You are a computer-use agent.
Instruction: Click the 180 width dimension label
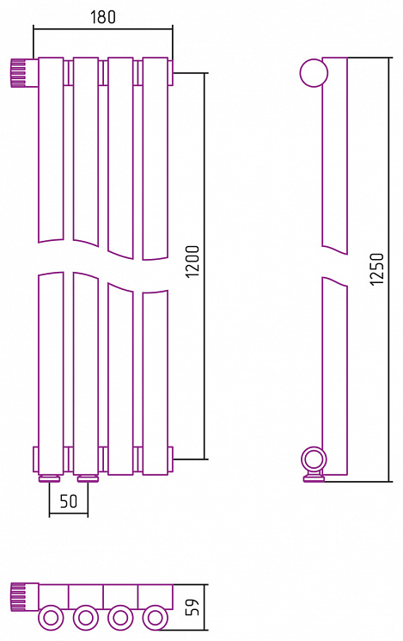pos(103,16)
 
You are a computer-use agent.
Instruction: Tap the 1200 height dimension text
pos(192,262)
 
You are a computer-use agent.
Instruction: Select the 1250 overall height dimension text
pos(377,268)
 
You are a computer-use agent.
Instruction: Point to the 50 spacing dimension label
pos(68,501)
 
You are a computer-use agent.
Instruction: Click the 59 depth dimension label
pos(192,607)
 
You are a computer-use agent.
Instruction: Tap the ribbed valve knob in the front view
pos(18,73)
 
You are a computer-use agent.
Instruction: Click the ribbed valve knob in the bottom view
pos(18,597)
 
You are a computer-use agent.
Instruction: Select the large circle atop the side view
pos(314,73)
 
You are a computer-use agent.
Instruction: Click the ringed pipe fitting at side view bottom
pos(314,461)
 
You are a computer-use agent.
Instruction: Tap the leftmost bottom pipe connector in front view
pos(50,478)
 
